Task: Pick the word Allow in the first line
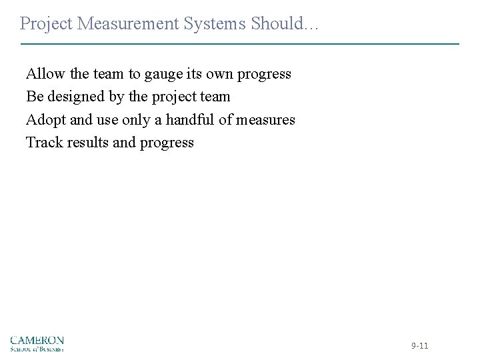coord(43,73)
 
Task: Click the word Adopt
coord(45,120)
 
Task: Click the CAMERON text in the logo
coord(37,340)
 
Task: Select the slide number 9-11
coord(420,345)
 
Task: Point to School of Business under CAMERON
coord(37,348)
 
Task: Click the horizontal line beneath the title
coord(240,44)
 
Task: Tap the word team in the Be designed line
coord(213,97)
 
